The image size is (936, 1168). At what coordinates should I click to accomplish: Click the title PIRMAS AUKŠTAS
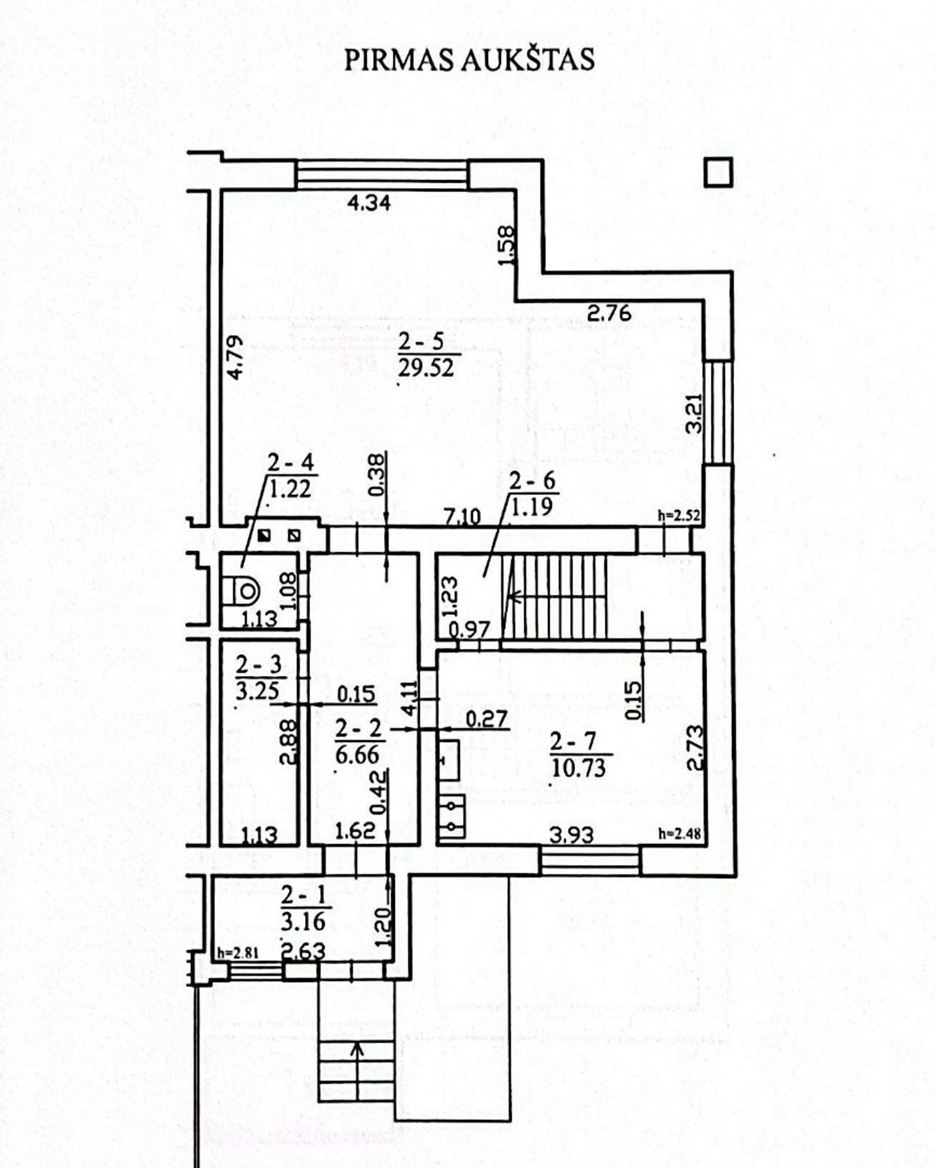click(x=469, y=60)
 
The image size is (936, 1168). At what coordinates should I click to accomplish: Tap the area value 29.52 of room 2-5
click(x=426, y=368)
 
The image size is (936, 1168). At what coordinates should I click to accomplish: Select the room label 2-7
click(x=573, y=742)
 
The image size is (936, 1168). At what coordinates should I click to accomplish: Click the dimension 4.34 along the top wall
click(x=369, y=203)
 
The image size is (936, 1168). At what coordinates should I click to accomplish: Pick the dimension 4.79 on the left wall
click(x=234, y=357)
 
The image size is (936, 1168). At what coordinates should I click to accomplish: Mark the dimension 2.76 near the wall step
click(x=609, y=314)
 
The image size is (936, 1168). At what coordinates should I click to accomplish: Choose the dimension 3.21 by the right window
click(x=695, y=413)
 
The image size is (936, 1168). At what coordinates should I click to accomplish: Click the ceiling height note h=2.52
click(x=679, y=516)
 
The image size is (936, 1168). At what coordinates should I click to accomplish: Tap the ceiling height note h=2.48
click(x=679, y=834)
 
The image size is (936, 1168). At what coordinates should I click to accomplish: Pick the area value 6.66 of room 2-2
click(x=358, y=754)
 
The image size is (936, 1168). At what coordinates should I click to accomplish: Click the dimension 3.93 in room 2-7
click(x=572, y=835)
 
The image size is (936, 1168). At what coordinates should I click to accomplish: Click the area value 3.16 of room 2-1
click(x=303, y=922)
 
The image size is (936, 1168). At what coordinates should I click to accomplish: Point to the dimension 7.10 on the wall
click(x=462, y=516)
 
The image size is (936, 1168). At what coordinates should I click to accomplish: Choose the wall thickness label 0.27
click(x=487, y=718)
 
